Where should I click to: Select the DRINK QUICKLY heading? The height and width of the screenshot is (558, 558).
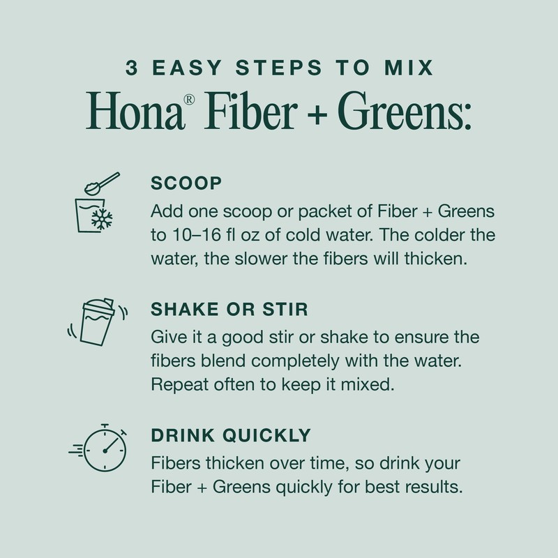pos(231,435)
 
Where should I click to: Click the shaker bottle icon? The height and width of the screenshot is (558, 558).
pos(96,323)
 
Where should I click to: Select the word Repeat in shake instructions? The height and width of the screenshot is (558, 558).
pos(179,384)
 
